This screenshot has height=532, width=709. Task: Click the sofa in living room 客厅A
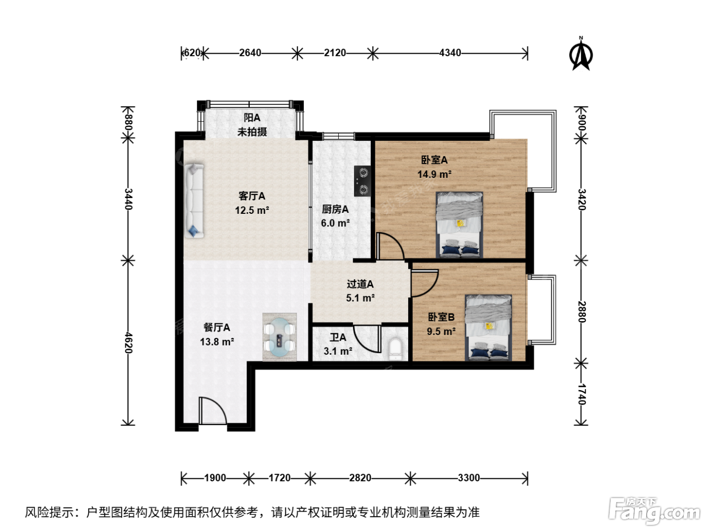click(194, 201)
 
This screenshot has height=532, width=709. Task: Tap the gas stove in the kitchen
click(363, 181)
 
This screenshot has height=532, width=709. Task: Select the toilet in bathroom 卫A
click(395, 349)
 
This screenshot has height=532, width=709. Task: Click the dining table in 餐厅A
click(280, 337)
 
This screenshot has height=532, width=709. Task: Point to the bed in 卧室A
click(459, 225)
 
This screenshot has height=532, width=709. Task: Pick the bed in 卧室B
click(488, 327)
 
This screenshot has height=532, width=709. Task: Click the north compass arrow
click(581, 53)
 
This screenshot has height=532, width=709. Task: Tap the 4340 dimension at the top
click(450, 53)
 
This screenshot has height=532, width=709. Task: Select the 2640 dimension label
click(250, 53)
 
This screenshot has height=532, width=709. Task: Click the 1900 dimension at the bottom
click(215, 478)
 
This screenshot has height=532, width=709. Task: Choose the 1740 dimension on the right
click(581, 394)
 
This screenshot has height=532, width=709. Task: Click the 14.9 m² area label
click(434, 174)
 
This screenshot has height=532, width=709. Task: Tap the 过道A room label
click(360, 284)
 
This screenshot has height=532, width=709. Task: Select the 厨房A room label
click(335, 209)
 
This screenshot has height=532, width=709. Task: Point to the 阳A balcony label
click(252, 118)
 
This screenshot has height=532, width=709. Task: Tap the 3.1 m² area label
click(338, 351)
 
